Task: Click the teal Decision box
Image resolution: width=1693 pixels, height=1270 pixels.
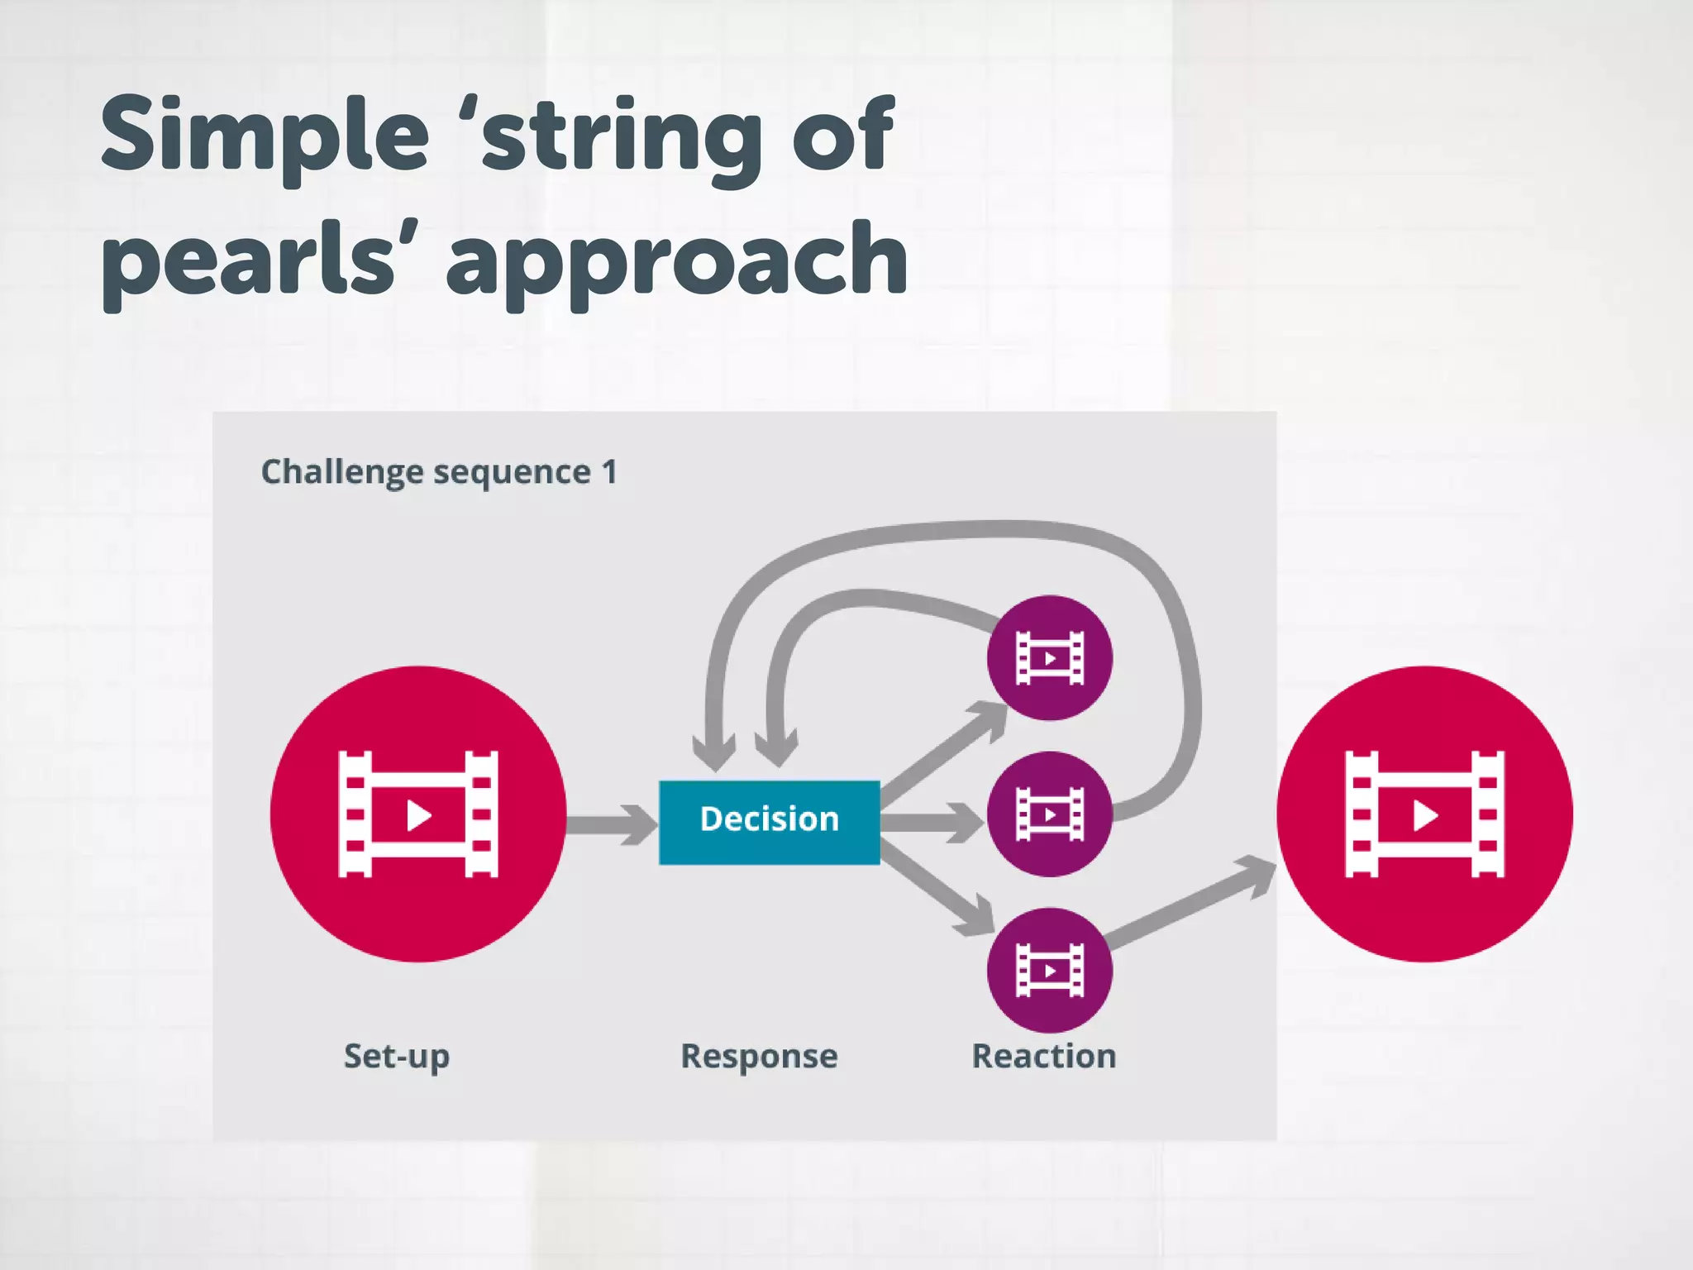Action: pyautogui.click(x=769, y=822)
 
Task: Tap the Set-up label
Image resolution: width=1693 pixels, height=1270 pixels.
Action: pyautogui.click(x=397, y=1057)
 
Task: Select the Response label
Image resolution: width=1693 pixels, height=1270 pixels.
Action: pyautogui.click(x=759, y=1056)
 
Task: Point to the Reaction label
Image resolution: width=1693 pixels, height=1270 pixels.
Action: pyautogui.click(x=1043, y=1056)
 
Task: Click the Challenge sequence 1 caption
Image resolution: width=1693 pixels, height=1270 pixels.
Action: pyautogui.click(x=439, y=472)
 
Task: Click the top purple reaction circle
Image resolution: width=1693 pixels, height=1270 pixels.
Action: pyautogui.click(x=1050, y=658)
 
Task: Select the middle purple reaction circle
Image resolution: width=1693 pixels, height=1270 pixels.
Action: pyautogui.click(x=1050, y=814)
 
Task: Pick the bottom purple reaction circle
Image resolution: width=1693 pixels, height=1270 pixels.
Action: pyautogui.click(x=1050, y=970)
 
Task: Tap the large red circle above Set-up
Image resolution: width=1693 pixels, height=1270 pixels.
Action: pyautogui.click(x=418, y=814)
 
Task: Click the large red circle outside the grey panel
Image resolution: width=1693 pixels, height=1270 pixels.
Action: pyautogui.click(x=1424, y=814)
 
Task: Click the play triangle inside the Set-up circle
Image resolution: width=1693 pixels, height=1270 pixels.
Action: pyautogui.click(x=419, y=815)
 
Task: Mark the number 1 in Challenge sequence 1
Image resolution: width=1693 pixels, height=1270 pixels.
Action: pyautogui.click(x=609, y=472)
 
